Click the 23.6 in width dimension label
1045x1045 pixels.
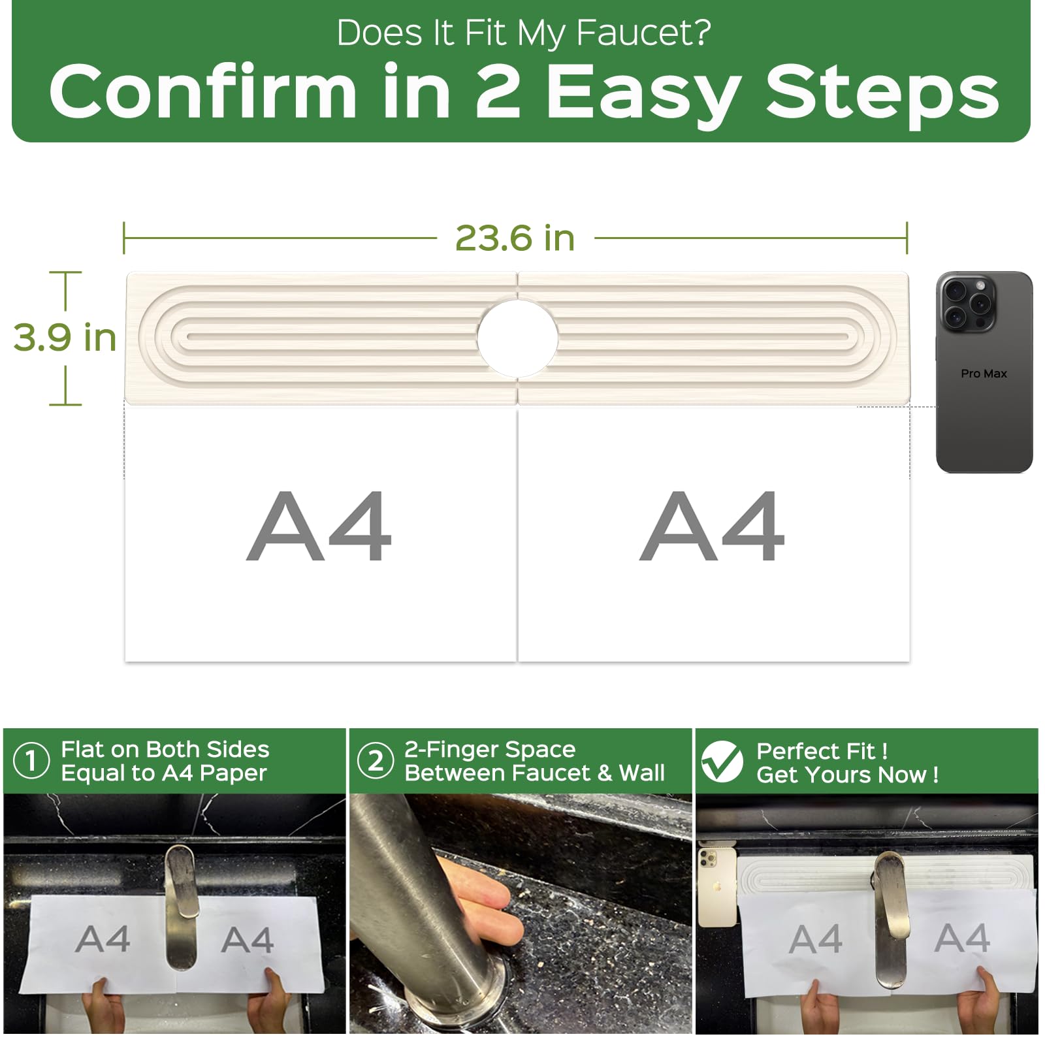[x=515, y=238]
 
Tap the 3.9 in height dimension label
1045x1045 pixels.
[x=65, y=338]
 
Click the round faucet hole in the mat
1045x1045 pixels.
[x=517, y=338]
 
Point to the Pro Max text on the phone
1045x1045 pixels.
[x=984, y=374]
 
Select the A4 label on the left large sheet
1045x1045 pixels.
[x=319, y=526]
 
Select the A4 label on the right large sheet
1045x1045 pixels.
[x=712, y=526]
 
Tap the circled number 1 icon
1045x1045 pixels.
[x=31, y=761]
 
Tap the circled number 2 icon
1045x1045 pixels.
[x=376, y=761]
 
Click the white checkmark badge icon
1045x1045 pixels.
[x=722, y=762]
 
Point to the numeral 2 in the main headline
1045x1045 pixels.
[x=497, y=91]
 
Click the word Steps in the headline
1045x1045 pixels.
[x=882, y=94]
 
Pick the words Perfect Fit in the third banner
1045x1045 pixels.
[x=815, y=751]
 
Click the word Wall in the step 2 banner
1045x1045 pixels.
[x=642, y=773]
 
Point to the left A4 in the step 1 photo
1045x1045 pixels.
[x=103, y=939]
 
